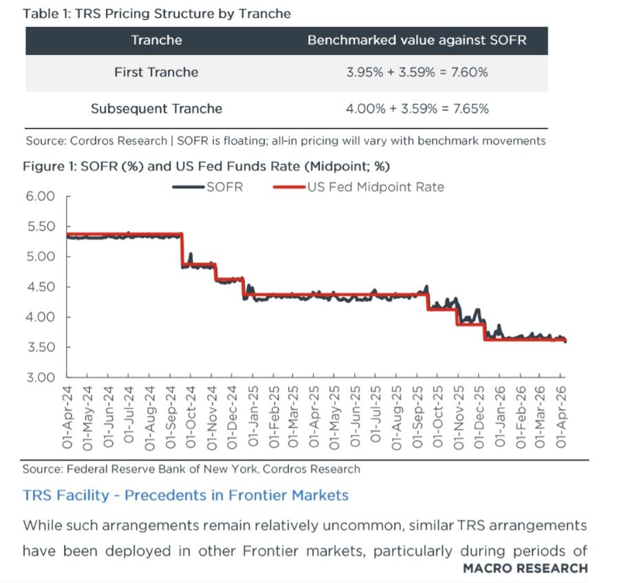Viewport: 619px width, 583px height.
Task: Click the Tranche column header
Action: point(156,41)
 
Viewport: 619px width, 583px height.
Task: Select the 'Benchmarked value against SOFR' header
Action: point(417,41)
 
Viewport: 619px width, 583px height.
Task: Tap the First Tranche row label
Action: point(156,72)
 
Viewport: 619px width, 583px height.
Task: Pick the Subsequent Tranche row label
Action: point(156,109)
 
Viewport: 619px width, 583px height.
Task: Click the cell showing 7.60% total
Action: point(417,72)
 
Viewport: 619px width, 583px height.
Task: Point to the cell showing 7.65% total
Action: point(417,109)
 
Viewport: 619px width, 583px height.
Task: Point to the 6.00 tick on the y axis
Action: point(41,196)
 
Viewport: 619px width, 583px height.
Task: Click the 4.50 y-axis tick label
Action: point(41,287)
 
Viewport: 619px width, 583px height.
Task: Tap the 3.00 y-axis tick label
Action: point(41,377)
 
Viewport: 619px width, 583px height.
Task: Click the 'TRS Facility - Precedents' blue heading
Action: point(186,495)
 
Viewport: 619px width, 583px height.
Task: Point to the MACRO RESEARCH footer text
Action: point(525,568)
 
